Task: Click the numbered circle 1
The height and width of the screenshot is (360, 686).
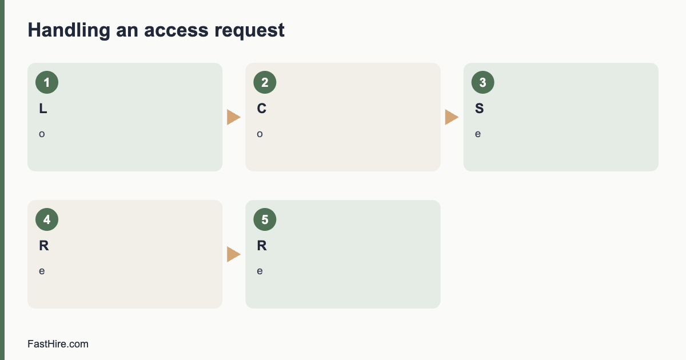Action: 47,82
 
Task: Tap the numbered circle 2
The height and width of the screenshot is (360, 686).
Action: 265,82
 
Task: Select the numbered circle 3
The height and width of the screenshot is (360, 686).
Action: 483,82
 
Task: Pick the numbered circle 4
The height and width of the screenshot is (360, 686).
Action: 47,219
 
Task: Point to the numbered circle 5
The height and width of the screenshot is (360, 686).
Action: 265,219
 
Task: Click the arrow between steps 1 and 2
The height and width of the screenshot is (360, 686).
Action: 234,117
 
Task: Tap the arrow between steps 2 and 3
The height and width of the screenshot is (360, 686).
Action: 452,117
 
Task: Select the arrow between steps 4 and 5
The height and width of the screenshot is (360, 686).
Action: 234,254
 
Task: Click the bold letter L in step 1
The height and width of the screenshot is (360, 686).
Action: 43,109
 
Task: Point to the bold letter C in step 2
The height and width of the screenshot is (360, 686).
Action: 262,109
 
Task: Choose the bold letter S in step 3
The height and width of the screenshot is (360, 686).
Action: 479,109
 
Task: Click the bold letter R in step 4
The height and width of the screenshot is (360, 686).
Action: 44,246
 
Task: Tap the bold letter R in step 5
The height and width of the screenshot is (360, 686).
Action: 262,246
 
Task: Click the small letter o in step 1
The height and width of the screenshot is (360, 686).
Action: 42,134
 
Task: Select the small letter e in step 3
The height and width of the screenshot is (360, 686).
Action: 478,134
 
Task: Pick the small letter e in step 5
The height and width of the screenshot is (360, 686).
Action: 260,271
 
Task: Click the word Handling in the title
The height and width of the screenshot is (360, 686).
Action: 69,31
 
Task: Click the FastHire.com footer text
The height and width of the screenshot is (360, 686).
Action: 58,344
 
